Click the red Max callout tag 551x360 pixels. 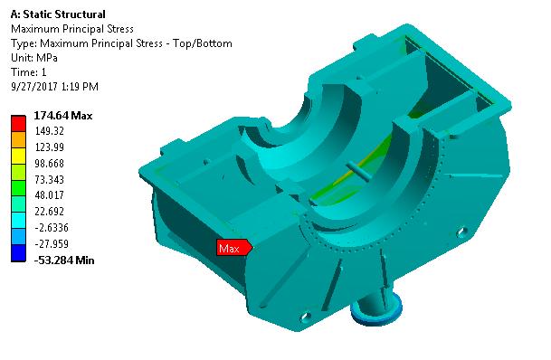(x=233, y=247)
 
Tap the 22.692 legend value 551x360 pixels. (x=48, y=212)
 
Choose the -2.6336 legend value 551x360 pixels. (x=50, y=228)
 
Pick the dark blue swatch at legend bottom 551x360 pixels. (x=18, y=256)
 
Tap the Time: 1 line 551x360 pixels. (x=29, y=72)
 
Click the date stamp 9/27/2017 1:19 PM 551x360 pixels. (x=53, y=87)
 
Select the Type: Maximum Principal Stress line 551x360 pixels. (x=120, y=43)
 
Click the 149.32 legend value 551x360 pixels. (x=48, y=132)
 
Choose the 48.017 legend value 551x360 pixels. (x=48, y=196)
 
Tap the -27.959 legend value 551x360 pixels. (x=50, y=244)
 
